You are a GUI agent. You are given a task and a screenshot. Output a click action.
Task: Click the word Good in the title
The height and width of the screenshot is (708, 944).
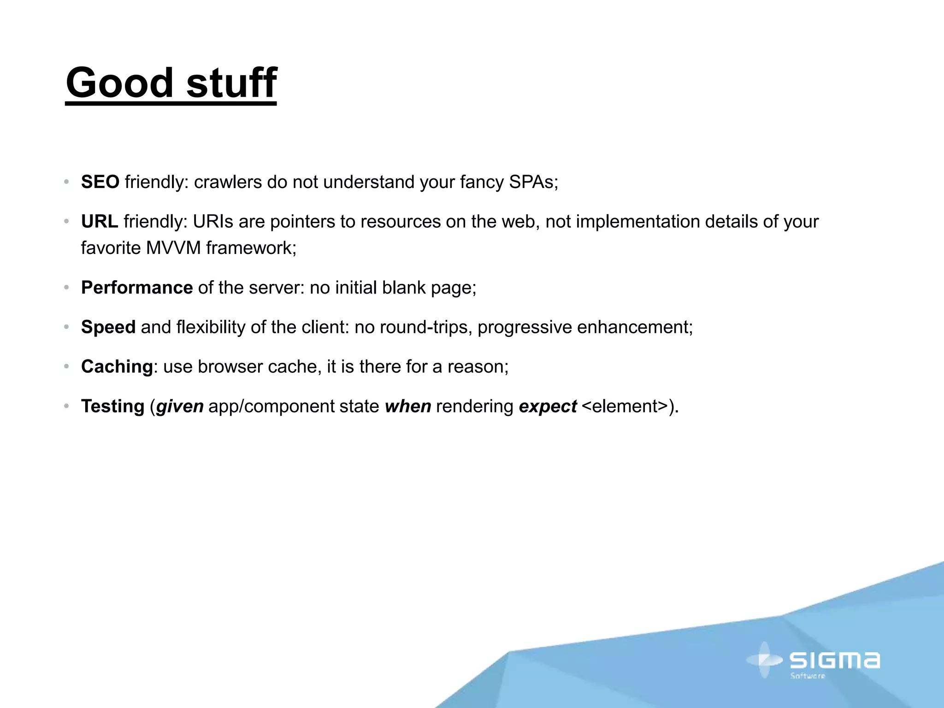tap(119, 83)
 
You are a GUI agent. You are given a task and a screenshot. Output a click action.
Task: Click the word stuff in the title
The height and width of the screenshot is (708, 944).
tap(231, 83)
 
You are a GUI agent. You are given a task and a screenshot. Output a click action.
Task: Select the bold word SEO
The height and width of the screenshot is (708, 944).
tap(100, 182)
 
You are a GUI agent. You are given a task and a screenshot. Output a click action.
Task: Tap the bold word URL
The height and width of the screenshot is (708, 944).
tap(100, 222)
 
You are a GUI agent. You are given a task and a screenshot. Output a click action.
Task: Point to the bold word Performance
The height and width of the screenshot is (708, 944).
tap(137, 288)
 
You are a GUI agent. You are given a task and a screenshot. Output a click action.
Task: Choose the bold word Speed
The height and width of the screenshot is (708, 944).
tap(108, 327)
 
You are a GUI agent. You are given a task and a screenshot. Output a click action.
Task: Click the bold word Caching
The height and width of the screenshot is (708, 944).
tap(117, 367)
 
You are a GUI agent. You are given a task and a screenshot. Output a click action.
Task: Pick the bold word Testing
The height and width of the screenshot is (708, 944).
tap(113, 407)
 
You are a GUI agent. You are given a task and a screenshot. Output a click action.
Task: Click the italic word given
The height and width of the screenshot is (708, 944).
tap(180, 407)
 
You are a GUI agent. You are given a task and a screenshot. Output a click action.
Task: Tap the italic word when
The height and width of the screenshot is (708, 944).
tap(408, 407)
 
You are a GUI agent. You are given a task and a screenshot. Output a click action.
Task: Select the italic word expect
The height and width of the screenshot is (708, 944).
tap(548, 407)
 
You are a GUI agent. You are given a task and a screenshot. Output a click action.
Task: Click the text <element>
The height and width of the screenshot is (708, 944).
tap(625, 407)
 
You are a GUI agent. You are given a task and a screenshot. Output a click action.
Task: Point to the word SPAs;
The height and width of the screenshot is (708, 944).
tap(533, 182)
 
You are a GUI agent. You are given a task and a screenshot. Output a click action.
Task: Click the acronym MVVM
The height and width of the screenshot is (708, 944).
tap(173, 248)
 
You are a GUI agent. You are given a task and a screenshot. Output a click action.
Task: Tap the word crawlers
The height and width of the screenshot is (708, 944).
tap(228, 182)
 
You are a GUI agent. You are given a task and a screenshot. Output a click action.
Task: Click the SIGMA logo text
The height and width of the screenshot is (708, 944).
tap(834, 661)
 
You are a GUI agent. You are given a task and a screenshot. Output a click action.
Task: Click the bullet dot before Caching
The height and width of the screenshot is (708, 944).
tap(66, 367)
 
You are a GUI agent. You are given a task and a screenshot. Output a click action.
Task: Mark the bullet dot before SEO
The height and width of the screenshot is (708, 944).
tap(66, 182)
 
